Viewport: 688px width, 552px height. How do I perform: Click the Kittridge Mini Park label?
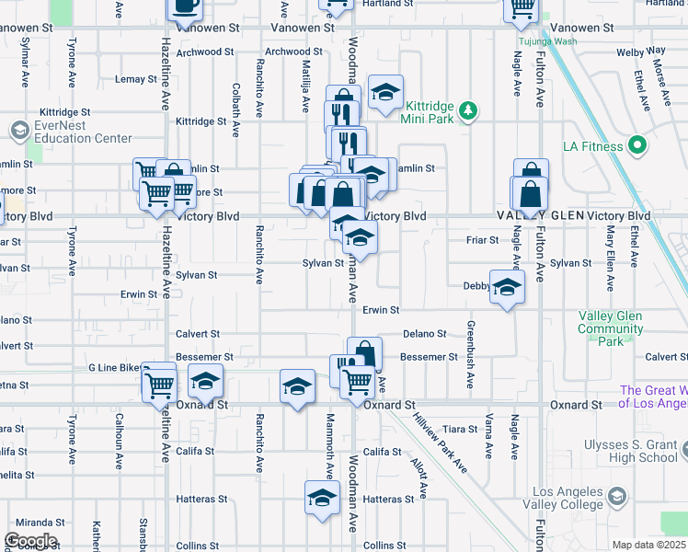[x=429, y=111]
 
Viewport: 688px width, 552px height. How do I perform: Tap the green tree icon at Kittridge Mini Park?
[x=469, y=110]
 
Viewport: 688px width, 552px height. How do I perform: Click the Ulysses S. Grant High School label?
[x=631, y=451]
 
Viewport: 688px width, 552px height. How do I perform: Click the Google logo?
[x=30, y=540]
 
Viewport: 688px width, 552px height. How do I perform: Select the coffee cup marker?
[x=185, y=6]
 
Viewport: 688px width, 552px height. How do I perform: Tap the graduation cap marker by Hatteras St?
[x=322, y=499]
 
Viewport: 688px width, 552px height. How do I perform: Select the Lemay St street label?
[x=136, y=79]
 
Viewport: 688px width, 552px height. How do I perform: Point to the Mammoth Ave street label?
[x=329, y=445]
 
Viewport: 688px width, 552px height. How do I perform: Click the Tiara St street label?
[x=460, y=429]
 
